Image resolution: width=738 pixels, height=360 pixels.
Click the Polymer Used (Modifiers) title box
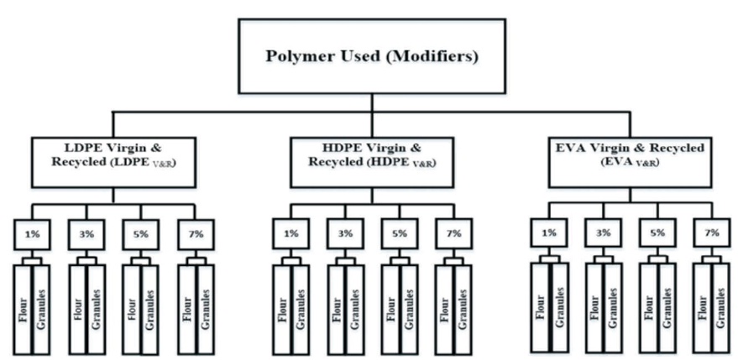[369, 57]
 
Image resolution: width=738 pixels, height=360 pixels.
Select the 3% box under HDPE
[343, 233]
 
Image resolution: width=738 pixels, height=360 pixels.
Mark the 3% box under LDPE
[86, 233]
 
